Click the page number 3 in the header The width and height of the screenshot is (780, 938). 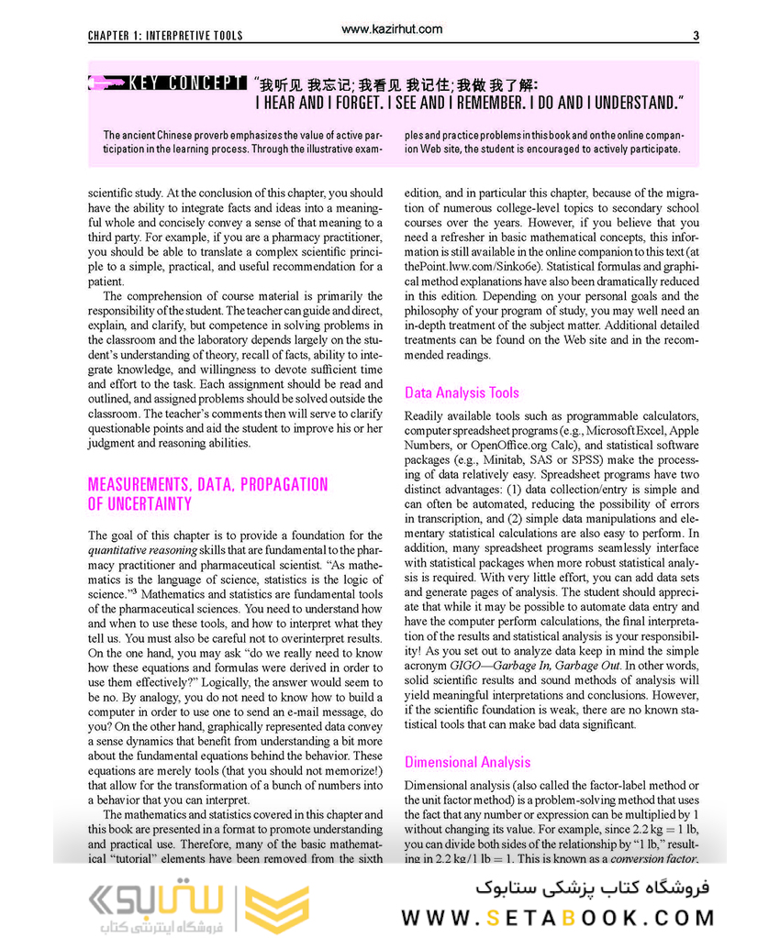(x=696, y=36)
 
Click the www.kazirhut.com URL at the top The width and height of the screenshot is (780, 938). (x=391, y=29)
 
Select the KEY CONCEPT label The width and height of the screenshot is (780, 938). (x=188, y=83)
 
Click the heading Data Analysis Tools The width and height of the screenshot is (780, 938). (x=462, y=392)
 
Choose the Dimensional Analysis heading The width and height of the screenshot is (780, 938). (x=467, y=762)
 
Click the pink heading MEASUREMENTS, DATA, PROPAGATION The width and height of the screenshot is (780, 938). (x=207, y=484)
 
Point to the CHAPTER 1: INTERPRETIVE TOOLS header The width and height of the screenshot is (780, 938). (x=165, y=36)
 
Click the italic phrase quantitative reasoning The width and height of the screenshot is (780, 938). (x=142, y=550)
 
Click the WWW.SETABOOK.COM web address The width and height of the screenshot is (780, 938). (x=557, y=917)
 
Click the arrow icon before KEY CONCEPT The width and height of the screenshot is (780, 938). (x=106, y=83)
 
